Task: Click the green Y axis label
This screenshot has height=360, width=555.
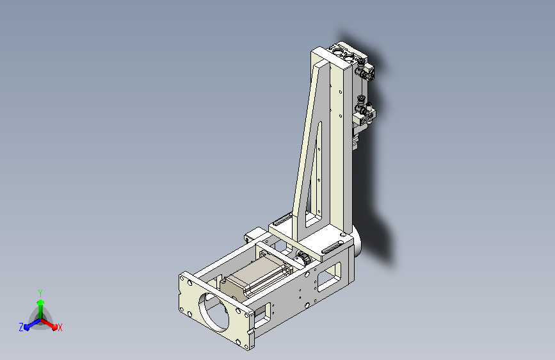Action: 40,293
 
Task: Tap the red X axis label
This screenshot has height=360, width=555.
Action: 60,328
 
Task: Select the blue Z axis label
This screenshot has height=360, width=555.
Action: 21,327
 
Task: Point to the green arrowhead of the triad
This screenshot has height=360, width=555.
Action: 40,302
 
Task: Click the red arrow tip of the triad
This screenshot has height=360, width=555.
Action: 54,327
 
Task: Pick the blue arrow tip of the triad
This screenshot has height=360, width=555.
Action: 26,327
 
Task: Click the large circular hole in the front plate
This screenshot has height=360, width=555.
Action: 213,312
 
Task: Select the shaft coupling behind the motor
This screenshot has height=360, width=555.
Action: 303,258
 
